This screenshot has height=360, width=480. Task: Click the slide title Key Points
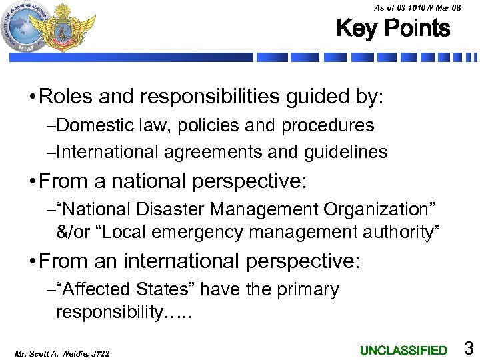point(393,29)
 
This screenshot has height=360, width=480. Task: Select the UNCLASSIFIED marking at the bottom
point(403,350)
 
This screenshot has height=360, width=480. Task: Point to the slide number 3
point(469,348)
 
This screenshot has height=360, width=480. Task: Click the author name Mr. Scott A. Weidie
point(47,352)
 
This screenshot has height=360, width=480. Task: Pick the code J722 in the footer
point(99,352)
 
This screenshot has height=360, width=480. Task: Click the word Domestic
point(91,125)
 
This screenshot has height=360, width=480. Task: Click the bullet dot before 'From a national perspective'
point(32,181)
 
